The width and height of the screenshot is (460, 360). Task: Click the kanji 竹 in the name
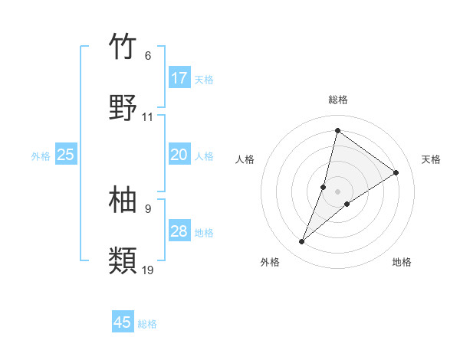pyautogui.click(x=123, y=47)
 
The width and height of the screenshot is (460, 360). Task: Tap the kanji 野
pyautogui.click(x=123, y=108)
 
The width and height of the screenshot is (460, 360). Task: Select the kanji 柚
pyautogui.click(x=123, y=200)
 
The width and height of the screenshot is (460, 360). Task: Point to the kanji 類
pyautogui.click(x=123, y=261)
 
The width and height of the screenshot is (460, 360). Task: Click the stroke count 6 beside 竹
pyautogui.click(x=148, y=56)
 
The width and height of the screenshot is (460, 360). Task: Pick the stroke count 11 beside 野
pyautogui.click(x=148, y=117)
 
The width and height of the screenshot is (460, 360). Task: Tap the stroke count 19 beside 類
pyautogui.click(x=148, y=270)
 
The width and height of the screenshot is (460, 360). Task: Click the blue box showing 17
pyautogui.click(x=179, y=78)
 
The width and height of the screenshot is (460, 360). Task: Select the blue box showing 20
pyautogui.click(x=179, y=155)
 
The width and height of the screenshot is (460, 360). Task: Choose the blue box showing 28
pyautogui.click(x=179, y=231)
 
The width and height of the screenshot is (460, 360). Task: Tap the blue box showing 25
pyautogui.click(x=66, y=155)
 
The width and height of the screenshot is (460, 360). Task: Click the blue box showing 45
pyautogui.click(x=123, y=322)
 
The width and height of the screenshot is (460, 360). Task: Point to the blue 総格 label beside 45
pyautogui.click(x=147, y=324)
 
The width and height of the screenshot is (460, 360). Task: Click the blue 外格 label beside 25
pyautogui.click(x=41, y=156)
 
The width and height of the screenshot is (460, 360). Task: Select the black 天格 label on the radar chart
pyautogui.click(x=432, y=159)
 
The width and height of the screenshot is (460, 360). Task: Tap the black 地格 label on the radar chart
pyautogui.click(x=402, y=262)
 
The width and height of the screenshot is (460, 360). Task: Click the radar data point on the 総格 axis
pyautogui.click(x=337, y=130)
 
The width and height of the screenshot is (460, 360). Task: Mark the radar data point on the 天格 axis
pyautogui.click(x=396, y=172)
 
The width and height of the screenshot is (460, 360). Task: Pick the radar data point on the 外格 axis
pyautogui.click(x=302, y=242)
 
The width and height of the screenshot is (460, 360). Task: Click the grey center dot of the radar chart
pyautogui.click(x=338, y=191)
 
